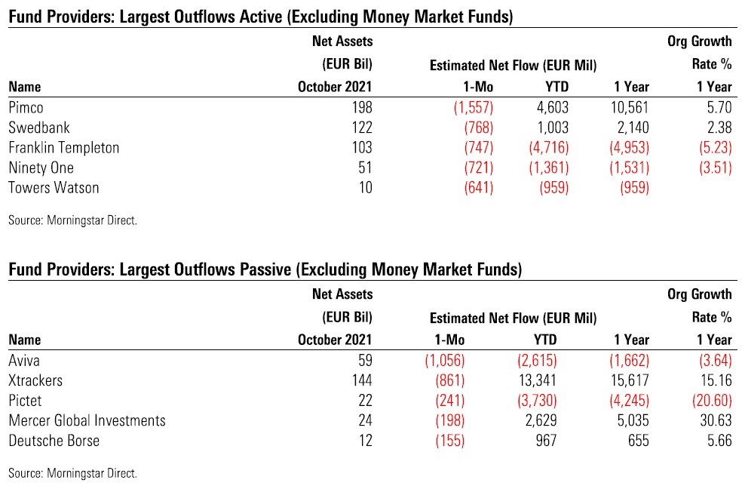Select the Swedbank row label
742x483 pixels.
click(35, 127)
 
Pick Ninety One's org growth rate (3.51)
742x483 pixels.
click(710, 168)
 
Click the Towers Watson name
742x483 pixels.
click(54, 188)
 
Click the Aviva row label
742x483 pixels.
click(24, 360)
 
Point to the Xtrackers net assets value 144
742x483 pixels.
click(362, 380)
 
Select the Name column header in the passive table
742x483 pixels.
click(26, 340)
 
